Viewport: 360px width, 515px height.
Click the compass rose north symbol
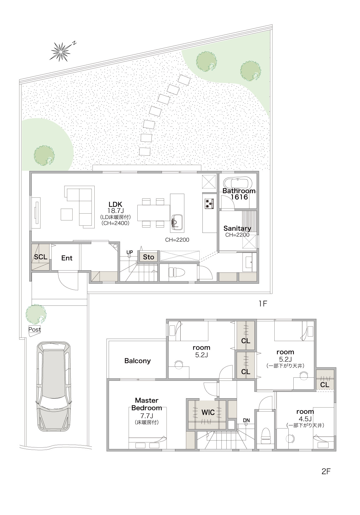(x=61, y=52)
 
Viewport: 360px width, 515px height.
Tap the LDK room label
(x=116, y=204)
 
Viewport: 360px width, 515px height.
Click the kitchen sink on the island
(x=177, y=221)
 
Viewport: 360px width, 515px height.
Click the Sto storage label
(x=149, y=257)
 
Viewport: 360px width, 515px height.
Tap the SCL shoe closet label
(x=41, y=257)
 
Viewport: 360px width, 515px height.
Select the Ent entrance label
(x=67, y=258)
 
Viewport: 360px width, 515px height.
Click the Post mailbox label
(x=35, y=329)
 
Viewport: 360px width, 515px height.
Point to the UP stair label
(x=130, y=252)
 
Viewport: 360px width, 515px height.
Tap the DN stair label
(x=246, y=420)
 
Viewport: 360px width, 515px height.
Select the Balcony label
(x=137, y=361)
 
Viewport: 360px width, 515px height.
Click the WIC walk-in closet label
(x=208, y=413)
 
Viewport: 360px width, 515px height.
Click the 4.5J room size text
(x=305, y=419)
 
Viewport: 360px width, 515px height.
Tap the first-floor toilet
(x=177, y=272)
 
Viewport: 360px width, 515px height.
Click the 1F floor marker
(x=263, y=304)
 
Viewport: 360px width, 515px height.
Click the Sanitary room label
(x=237, y=228)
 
